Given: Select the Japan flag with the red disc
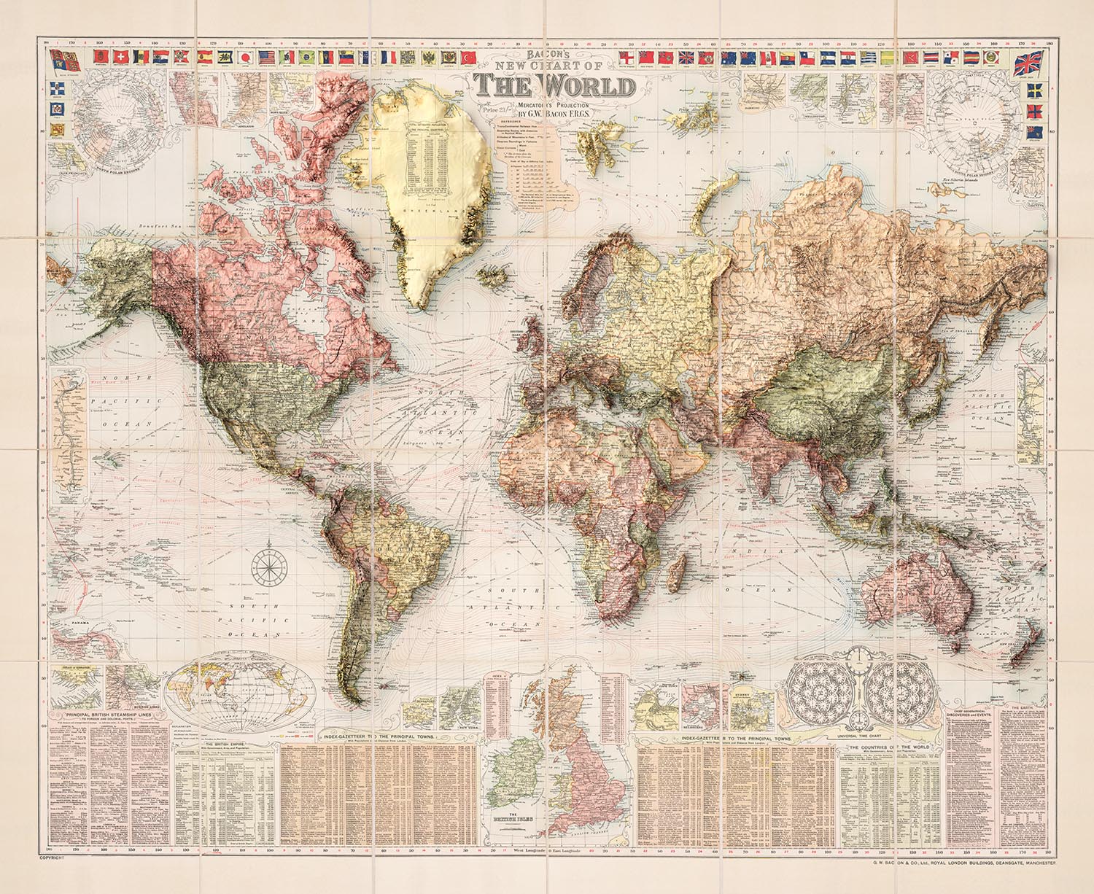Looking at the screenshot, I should [246, 57].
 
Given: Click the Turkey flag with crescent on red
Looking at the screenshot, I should [469, 57].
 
